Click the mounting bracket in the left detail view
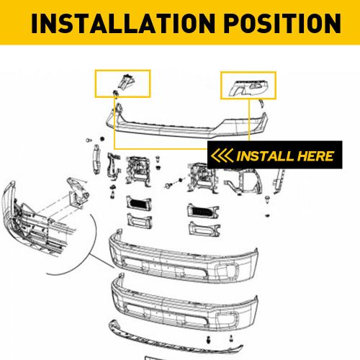pyautogui.click(x=76, y=190)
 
